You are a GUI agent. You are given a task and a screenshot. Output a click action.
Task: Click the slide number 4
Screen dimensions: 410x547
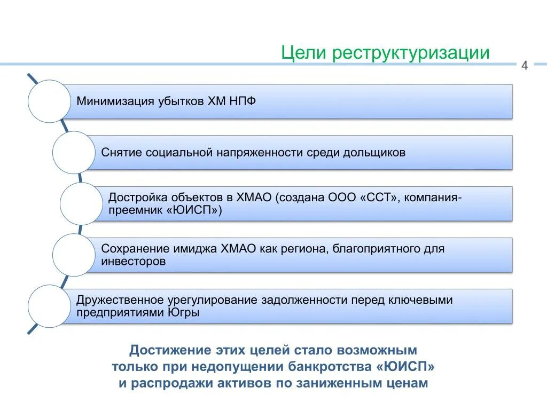[524, 66]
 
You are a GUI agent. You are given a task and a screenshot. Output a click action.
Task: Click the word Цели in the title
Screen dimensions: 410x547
[303, 53]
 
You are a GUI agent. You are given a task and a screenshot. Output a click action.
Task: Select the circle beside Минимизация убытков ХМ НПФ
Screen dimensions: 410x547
[49, 101]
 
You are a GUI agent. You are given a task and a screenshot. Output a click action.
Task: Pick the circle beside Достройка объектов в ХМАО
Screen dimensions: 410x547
[81, 203]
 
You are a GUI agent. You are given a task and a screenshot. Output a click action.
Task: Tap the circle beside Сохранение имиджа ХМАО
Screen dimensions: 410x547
[74, 255]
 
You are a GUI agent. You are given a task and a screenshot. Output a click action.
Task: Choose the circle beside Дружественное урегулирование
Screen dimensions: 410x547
[49, 306]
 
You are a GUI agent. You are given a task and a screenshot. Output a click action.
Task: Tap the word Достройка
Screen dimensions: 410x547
[133, 197]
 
